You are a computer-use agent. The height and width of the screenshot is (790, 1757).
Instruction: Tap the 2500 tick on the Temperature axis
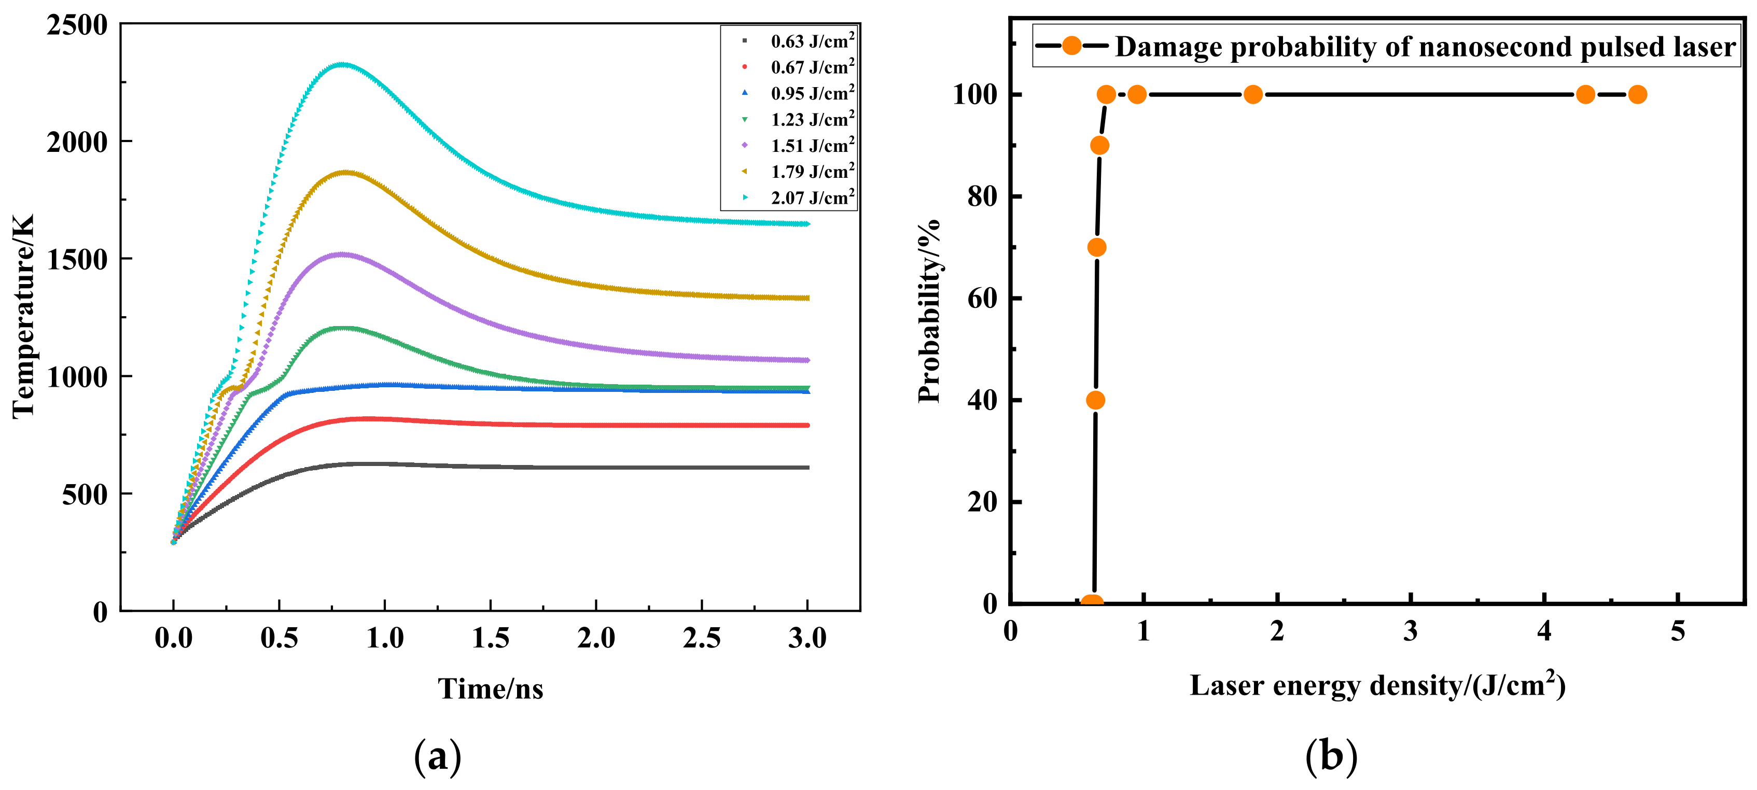77,25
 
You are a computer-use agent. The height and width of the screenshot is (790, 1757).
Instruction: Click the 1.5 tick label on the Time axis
491,638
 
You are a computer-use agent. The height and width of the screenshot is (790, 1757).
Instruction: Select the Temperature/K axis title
23,316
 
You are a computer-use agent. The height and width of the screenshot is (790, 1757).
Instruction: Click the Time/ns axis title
491,688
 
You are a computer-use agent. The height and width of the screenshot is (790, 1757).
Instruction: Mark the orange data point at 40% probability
1095,400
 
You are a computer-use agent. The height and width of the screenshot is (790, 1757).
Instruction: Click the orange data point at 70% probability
1097,247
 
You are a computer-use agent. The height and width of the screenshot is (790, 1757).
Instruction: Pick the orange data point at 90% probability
1099,145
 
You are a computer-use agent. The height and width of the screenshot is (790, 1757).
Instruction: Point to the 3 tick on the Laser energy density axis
1411,631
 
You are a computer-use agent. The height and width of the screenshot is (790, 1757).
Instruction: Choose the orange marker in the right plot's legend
1071,46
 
